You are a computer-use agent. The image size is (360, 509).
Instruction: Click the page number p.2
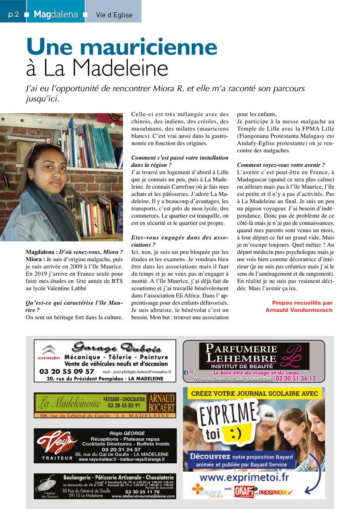(x=14, y=14)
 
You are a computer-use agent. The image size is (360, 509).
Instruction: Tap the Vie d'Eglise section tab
(x=114, y=15)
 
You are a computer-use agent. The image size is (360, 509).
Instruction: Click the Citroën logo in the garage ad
(x=49, y=353)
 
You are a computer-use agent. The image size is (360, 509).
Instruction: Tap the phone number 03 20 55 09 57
(x=67, y=372)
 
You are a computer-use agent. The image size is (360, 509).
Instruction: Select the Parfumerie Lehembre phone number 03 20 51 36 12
(x=296, y=379)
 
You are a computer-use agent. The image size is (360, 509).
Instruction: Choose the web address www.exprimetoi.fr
(x=244, y=478)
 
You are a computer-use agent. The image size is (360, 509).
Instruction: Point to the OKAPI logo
(x=242, y=492)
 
